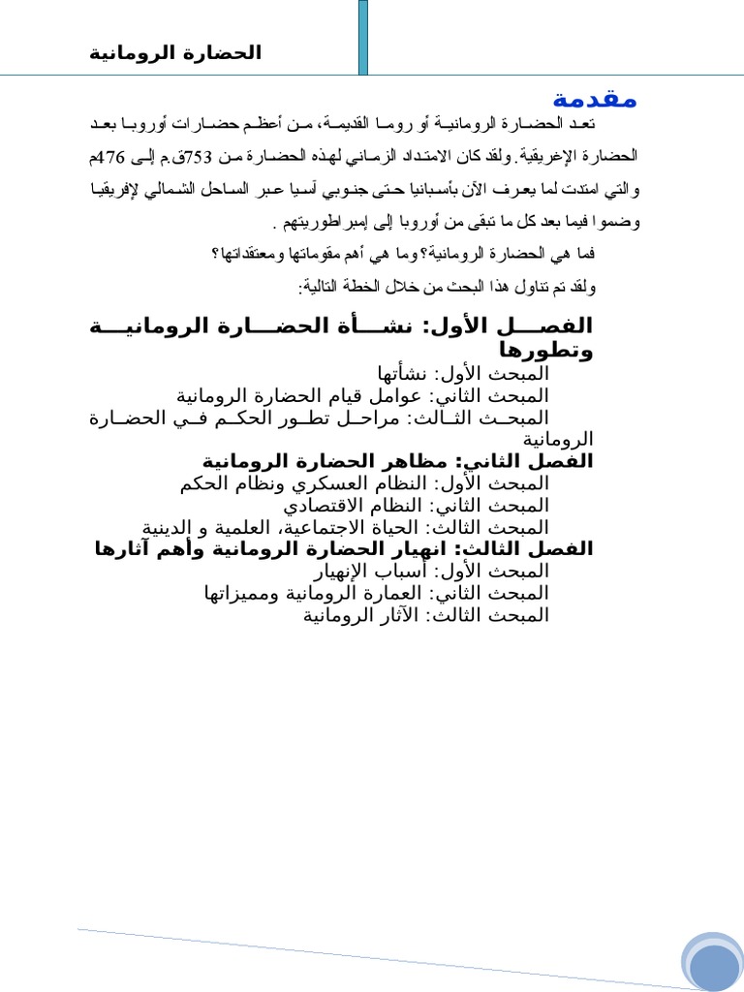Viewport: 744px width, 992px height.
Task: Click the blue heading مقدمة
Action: (595, 99)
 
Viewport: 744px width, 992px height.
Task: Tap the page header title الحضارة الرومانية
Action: (175, 52)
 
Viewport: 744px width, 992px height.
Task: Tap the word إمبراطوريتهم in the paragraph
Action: (316, 221)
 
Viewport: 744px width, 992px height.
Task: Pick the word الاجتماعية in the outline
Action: (336, 527)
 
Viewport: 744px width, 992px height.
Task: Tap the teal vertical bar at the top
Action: (362, 37)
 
